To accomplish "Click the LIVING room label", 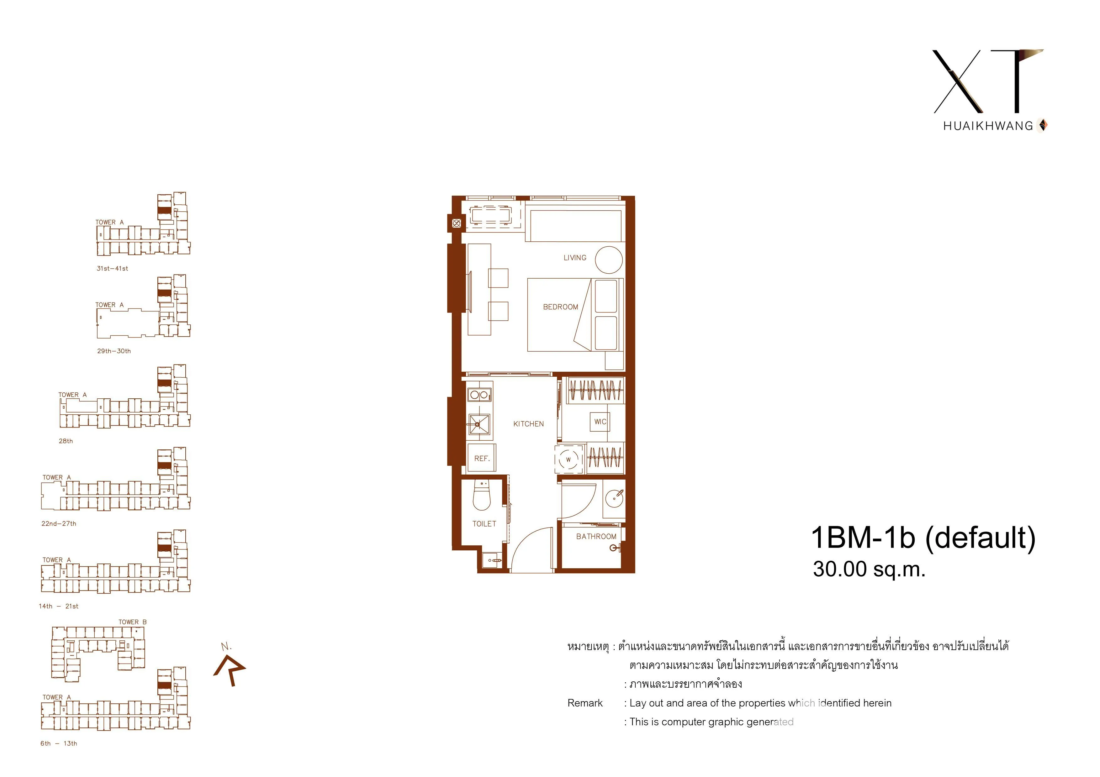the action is click(x=574, y=258).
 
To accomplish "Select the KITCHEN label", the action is click(x=528, y=424).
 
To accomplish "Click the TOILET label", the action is click(x=484, y=524).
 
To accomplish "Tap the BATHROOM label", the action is click(x=596, y=536).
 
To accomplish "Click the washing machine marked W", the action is click(x=569, y=459).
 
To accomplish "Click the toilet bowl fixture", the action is click(x=482, y=496).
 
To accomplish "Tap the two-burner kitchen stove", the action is click(x=479, y=395).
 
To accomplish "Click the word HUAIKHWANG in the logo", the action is click(x=988, y=126).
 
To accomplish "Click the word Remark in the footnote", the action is click(x=585, y=703).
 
